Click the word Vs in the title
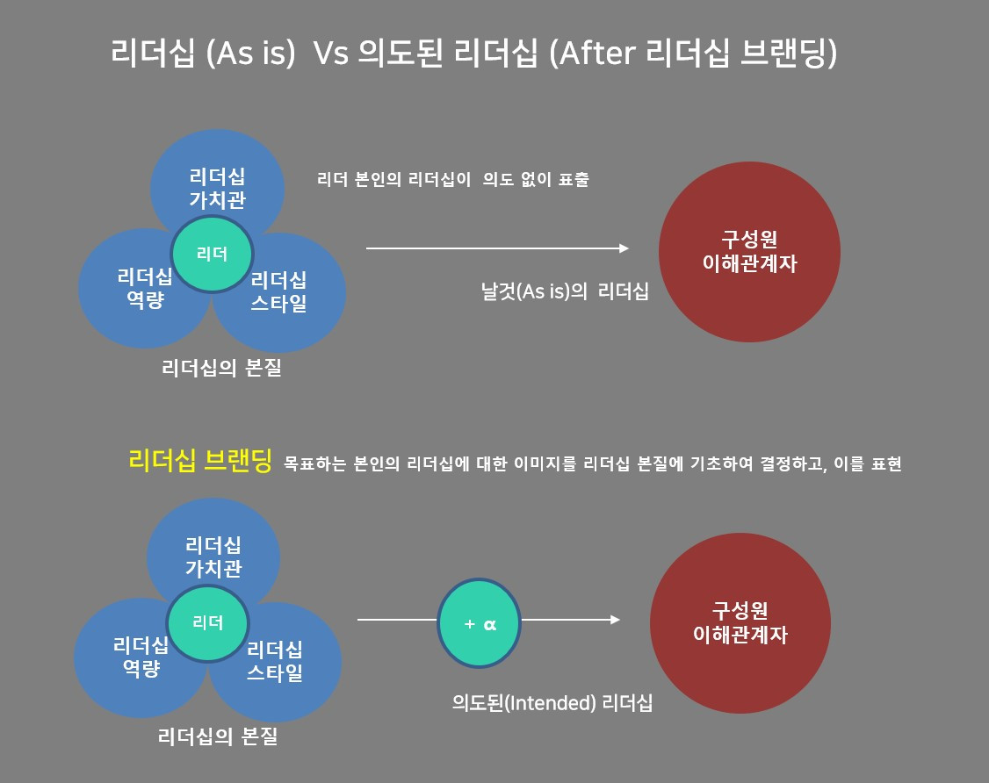click(x=331, y=54)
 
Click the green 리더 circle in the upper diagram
click(x=213, y=255)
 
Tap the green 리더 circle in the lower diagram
click(x=208, y=622)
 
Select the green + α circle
click(x=480, y=624)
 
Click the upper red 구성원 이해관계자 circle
click(x=749, y=252)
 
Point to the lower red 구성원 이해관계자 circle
click(x=740, y=622)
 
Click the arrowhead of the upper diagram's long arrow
click(x=624, y=248)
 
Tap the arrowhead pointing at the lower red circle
click(x=615, y=620)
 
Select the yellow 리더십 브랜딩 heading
click(x=200, y=461)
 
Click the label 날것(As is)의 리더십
click(x=565, y=292)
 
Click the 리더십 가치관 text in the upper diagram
click(x=218, y=187)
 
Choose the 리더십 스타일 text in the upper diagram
click(x=278, y=293)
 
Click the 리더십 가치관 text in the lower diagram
click(x=213, y=557)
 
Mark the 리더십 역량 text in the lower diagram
click(x=141, y=657)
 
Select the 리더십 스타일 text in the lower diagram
click(x=275, y=662)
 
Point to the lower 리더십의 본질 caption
click(x=218, y=736)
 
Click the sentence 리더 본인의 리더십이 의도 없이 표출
click(x=453, y=180)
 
